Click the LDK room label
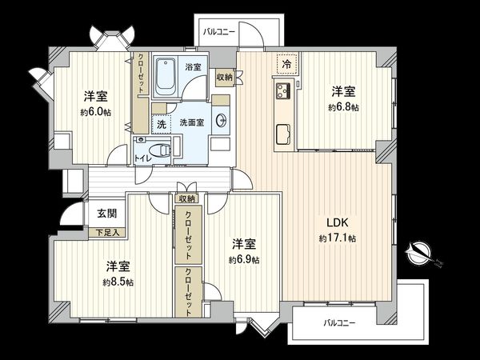point(336,222)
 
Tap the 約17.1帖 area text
point(336,238)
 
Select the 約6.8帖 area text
point(343,107)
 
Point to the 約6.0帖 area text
point(93,112)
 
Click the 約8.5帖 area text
point(118,282)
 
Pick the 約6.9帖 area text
point(243,259)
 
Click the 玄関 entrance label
point(106,214)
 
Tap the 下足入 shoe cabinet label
point(107,232)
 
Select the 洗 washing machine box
point(161,125)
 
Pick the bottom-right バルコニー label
point(340,323)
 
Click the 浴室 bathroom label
point(192,66)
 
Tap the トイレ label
point(142,158)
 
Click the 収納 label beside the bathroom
point(224,77)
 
